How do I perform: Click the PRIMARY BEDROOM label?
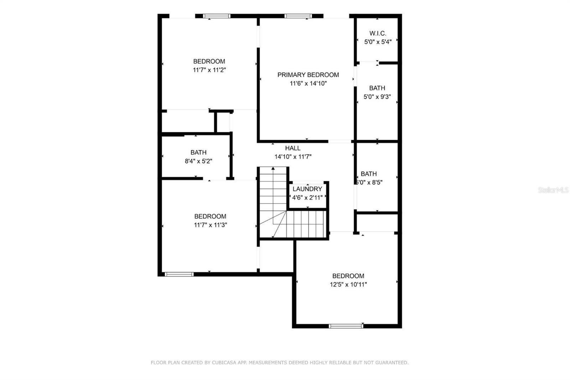pyautogui.click(x=308, y=75)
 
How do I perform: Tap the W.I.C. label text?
pyautogui.click(x=378, y=34)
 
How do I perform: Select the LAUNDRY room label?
pyautogui.click(x=307, y=189)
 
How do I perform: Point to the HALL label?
pyautogui.click(x=292, y=148)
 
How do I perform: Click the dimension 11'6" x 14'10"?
pyautogui.click(x=308, y=83)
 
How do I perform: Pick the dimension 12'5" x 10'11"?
pyautogui.click(x=348, y=284)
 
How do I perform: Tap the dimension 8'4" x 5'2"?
pyautogui.click(x=198, y=161)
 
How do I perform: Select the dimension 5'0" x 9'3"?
pyautogui.click(x=377, y=97)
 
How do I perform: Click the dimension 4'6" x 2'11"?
pyautogui.click(x=307, y=197)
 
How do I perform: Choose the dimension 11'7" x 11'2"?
pyautogui.click(x=209, y=70)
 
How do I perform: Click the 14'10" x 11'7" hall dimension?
pyautogui.click(x=292, y=157)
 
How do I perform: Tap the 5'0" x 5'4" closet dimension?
pyautogui.click(x=378, y=42)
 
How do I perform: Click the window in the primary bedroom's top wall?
pyautogui.click(x=298, y=16)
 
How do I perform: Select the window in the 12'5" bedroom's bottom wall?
pyautogui.click(x=346, y=326)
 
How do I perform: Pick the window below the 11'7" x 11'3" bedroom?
pyautogui.click(x=179, y=274)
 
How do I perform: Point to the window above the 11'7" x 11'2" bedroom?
pyautogui.click(x=217, y=16)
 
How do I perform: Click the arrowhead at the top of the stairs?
pyautogui.click(x=273, y=168)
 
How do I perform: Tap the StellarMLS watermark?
pyautogui.click(x=553, y=190)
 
